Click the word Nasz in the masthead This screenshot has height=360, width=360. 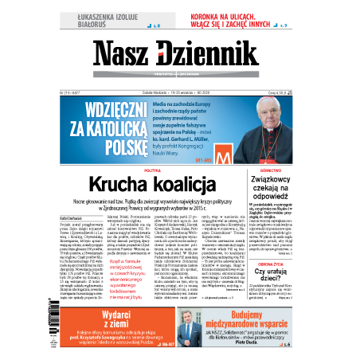[123, 54]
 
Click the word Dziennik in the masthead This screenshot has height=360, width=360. [215, 54]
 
